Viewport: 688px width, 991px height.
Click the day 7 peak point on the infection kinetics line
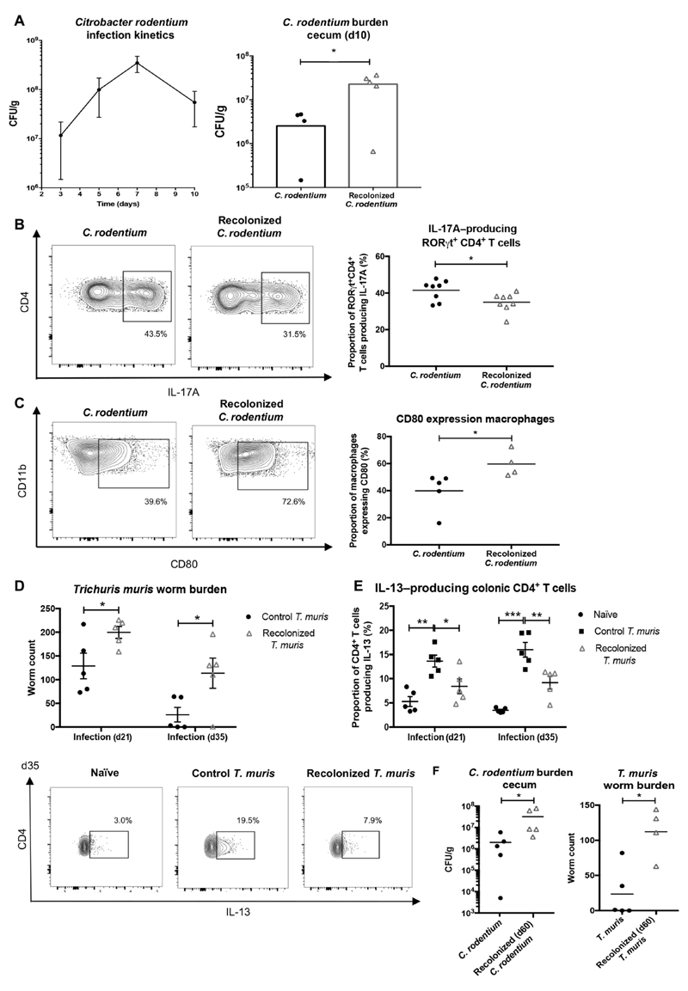coord(136,63)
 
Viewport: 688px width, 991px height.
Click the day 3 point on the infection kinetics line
coord(61,135)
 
